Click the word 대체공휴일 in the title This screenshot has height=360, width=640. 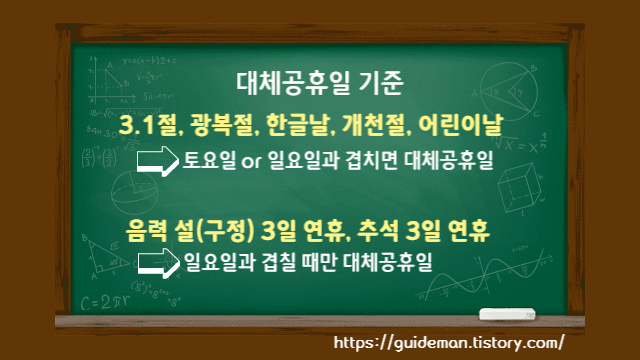coord(291,84)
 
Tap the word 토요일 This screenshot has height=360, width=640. coord(211,160)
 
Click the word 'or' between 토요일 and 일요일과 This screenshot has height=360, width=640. coord(254,161)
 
